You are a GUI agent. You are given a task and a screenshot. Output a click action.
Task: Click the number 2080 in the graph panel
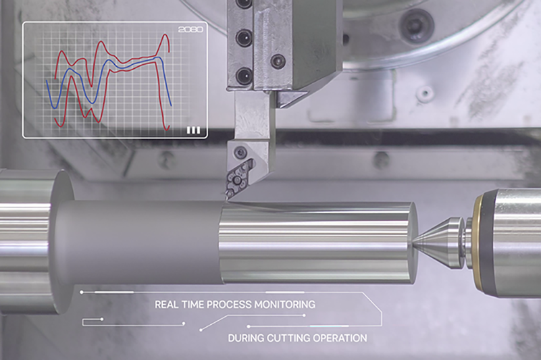click(x=190, y=30)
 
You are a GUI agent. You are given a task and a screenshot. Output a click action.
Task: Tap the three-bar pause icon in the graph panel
click(x=193, y=130)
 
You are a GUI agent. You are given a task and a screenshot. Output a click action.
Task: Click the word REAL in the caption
click(x=167, y=305)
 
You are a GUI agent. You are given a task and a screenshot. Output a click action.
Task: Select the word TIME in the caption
click(x=192, y=305)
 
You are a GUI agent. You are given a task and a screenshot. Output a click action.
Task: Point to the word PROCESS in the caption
click(x=229, y=305)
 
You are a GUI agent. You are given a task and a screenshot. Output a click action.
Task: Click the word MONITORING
click(x=285, y=305)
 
